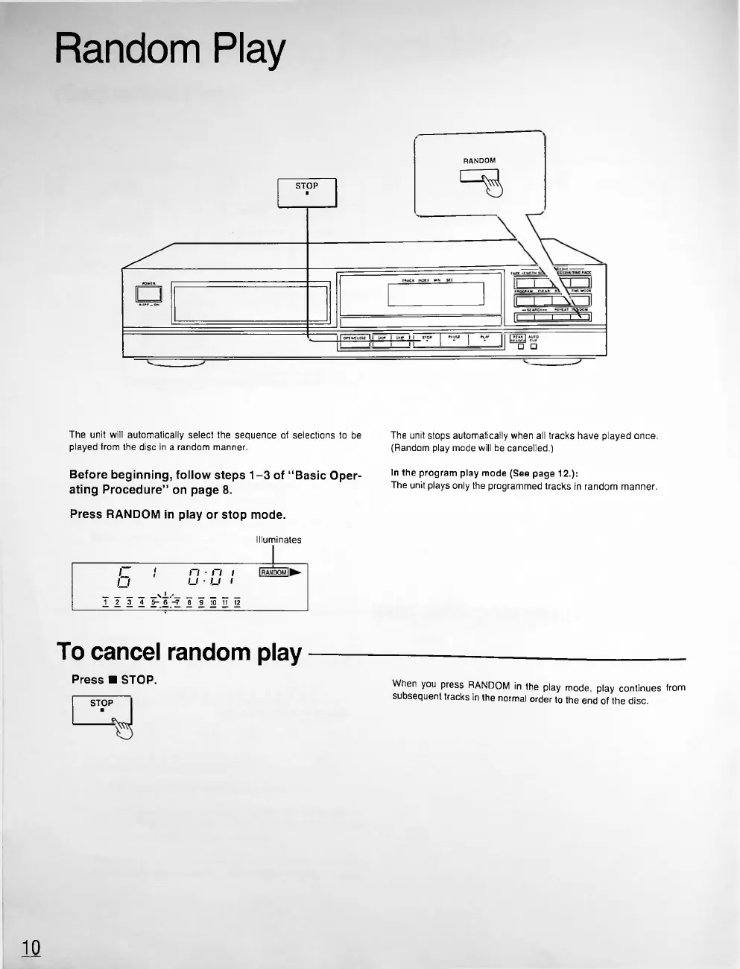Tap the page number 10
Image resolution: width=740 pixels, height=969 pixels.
coord(31,947)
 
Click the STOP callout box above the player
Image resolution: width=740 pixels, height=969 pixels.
coord(307,192)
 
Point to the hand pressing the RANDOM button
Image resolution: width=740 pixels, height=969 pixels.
coord(493,184)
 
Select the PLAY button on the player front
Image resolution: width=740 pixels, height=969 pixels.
coord(485,340)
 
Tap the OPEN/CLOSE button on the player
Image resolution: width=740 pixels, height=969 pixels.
coord(355,340)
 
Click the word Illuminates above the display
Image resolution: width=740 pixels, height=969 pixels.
coord(278,540)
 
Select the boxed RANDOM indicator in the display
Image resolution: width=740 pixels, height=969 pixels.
coord(273,572)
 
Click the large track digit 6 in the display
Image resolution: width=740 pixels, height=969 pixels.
coord(124,577)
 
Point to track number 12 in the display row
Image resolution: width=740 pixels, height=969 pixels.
coord(237,602)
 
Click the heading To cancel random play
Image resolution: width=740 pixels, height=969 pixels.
coord(179,652)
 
